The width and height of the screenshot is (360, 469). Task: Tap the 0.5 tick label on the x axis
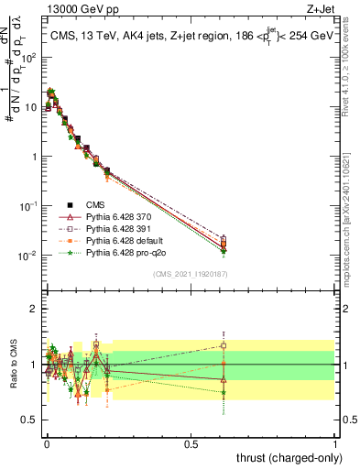(x=190, y=442)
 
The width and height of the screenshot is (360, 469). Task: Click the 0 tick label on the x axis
(x=46, y=442)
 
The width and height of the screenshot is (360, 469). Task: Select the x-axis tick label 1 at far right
(x=335, y=442)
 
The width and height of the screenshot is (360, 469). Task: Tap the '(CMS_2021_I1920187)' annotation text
(x=190, y=273)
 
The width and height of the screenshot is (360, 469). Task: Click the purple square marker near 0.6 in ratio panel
(x=224, y=345)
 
